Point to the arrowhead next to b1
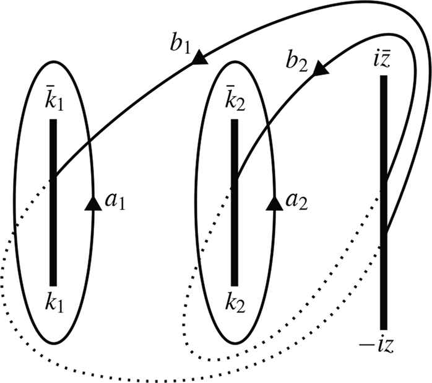[199, 58]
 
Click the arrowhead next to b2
[320, 69]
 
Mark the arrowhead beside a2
[274, 203]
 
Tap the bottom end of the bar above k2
[235, 284]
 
